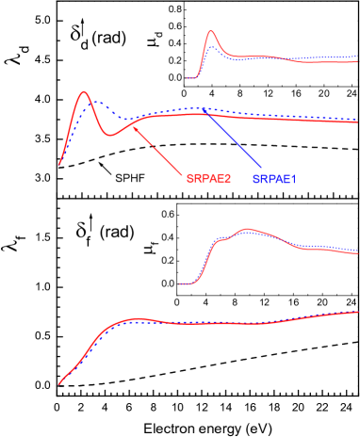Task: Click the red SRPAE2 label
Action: (208, 178)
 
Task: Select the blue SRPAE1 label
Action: (274, 179)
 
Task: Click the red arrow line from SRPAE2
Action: (158, 151)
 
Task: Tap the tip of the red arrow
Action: (133, 126)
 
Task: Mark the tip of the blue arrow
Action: (204, 110)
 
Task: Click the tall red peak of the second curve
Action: (84, 92)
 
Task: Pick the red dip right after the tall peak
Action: (111, 136)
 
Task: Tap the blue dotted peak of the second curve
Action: (93, 101)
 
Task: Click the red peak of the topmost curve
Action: (211, 31)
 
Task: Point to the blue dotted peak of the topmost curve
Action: (214, 47)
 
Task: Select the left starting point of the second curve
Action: (59, 165)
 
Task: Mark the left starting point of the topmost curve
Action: (188, 77)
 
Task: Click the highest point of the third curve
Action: (247, 229)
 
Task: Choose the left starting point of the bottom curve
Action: (59, 384)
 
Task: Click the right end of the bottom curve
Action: (357, 311)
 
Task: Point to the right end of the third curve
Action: (357, 252)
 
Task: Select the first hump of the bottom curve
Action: (137, 319)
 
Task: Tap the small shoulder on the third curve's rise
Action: (221, 240)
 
